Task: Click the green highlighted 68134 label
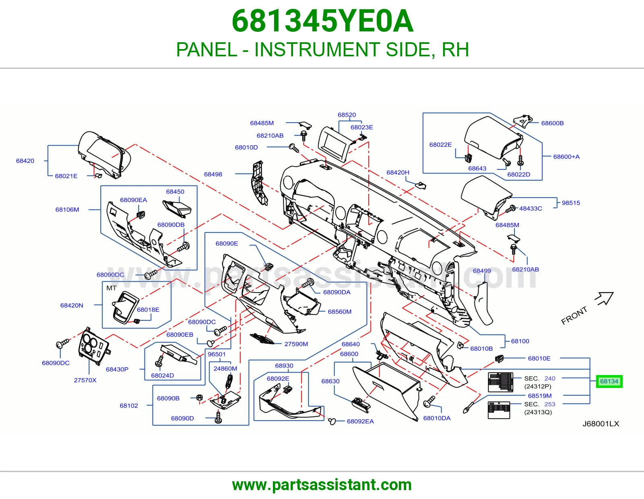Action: [x=609, y=381]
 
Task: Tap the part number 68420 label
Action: [x=25, y=161]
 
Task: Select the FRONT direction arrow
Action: [x=604, y=298]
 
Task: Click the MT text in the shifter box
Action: [x=111, y=288]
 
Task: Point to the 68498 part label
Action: [x=213, y=174]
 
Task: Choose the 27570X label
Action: [x=85, y=380]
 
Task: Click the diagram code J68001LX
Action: [x=601, y=424]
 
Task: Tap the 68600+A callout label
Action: [x=566, y=157]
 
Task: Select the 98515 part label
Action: [x=571, y=203]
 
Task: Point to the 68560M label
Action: [x=340, y=312]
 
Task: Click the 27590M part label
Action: [x=296, y=344]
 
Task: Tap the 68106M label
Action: [x=67, y=210]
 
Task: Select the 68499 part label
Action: [x=482, y=271]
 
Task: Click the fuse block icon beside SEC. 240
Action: [x=501, y=382]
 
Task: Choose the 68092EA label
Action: [x=360, y=421]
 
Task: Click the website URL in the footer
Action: [x=322, y=485]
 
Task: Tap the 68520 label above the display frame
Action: [x=347, y=115]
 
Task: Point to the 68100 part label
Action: [x=520, y=341]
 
